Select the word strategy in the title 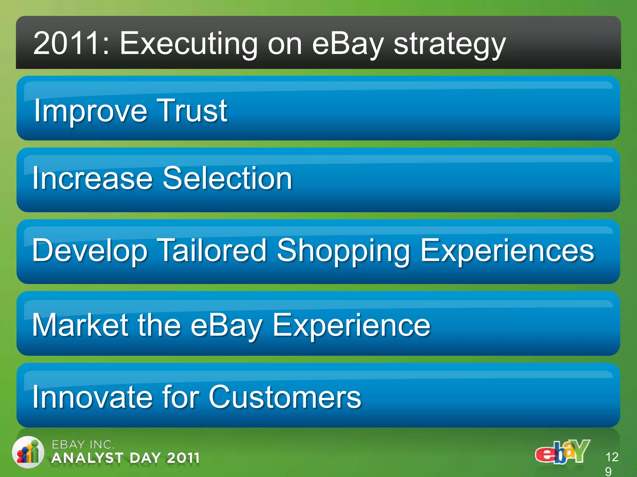(450, 45)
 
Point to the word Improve (90, 111)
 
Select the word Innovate (92, 397)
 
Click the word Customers (285, 397)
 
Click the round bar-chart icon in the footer (28, 452)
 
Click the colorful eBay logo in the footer (562, 452)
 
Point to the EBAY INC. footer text (83, 444)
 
